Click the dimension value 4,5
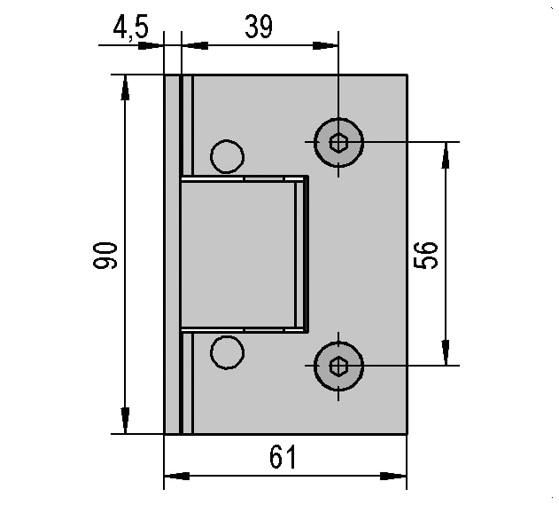(x=130, y=28)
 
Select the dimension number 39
(x=259, y=27)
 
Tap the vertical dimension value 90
(x=105, y=255)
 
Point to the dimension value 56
(x=425, y=255)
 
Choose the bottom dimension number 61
(x=283, y=457)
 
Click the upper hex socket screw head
(x=338, y=143)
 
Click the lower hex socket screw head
(x=338, y=366)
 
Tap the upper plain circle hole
(x=227, y=156)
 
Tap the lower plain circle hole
(x=227, y=352)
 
